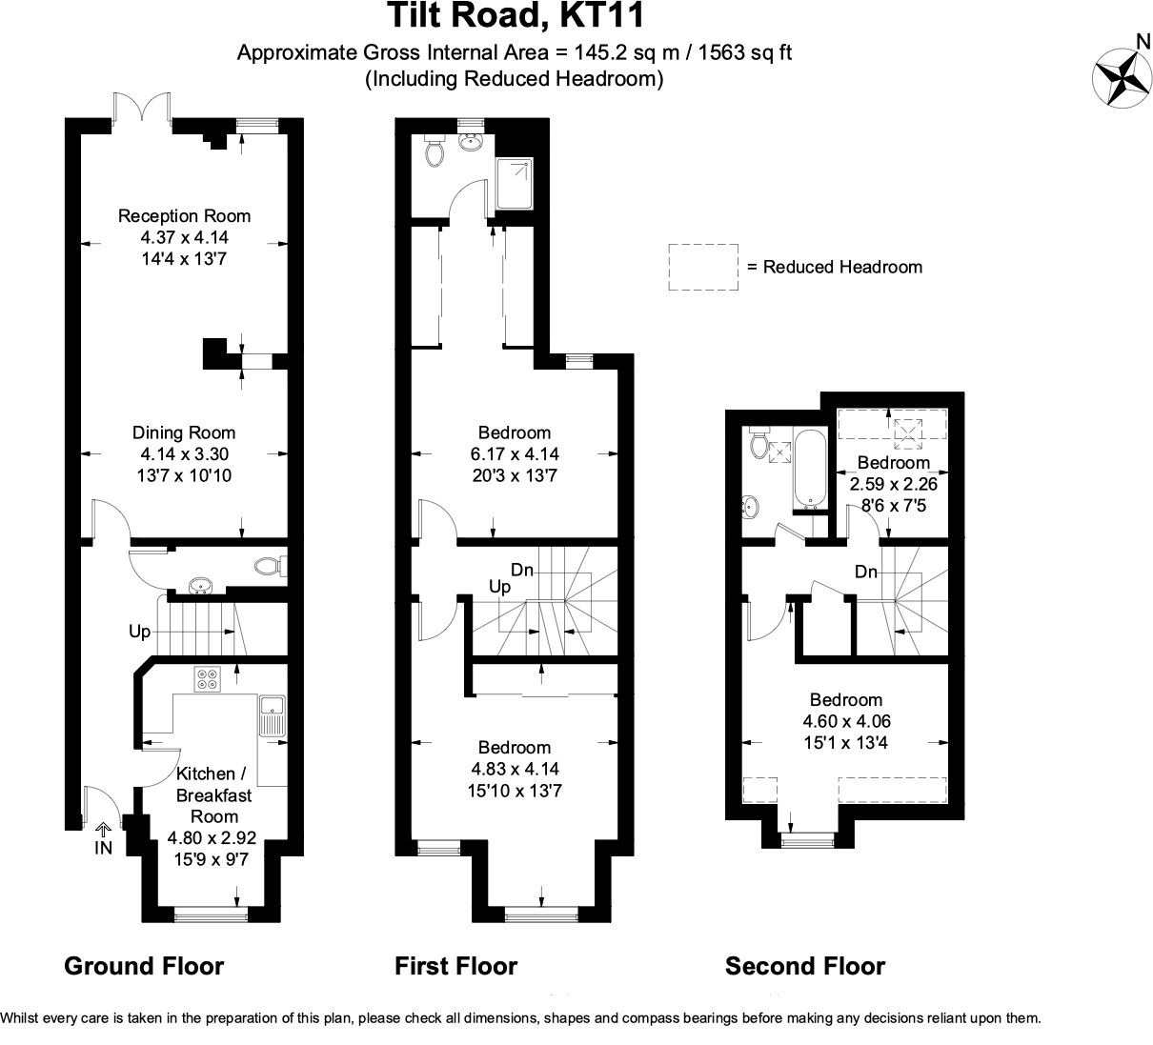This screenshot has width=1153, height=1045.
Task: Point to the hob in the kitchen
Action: click(x=208, y=679)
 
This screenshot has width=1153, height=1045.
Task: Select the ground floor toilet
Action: click(x=270, y=566)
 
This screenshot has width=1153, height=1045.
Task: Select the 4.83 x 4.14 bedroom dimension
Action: click(x=515, y=769)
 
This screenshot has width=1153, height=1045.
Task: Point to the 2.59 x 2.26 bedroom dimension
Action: click(x=887, y=484)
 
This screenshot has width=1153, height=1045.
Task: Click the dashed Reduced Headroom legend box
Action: click(x=703, y=267)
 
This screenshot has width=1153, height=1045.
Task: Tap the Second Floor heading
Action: click(x=805, y=967)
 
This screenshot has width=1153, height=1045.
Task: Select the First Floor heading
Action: click(x=456, y=967)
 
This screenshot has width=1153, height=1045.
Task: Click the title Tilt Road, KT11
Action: click(x=515, y=16)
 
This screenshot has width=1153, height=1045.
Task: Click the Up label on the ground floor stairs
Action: click(x=141, y=632)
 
